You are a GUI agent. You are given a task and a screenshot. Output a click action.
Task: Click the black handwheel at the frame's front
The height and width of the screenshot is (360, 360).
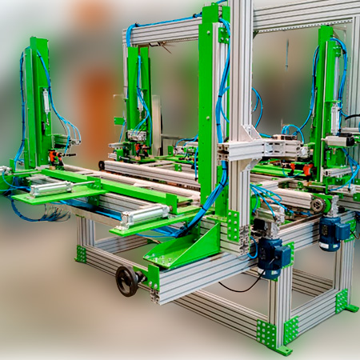[126, 279]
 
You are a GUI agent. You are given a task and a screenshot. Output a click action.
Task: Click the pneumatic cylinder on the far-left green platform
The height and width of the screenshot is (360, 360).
[50, 188]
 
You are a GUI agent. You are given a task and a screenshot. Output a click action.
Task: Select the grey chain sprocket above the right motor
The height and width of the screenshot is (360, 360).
[318, 205]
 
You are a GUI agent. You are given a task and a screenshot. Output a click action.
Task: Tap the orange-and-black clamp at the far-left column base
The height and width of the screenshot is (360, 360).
[57, 156]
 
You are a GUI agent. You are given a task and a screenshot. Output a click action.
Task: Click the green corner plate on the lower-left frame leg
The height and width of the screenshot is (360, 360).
[81, 254]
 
